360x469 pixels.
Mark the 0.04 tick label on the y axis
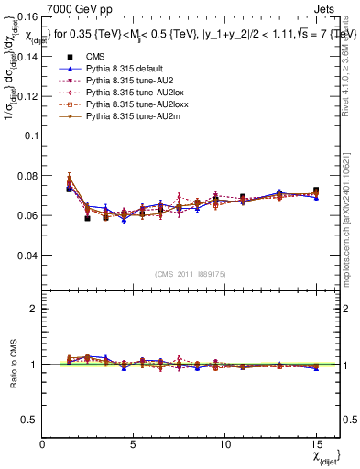tap(27, 256)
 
